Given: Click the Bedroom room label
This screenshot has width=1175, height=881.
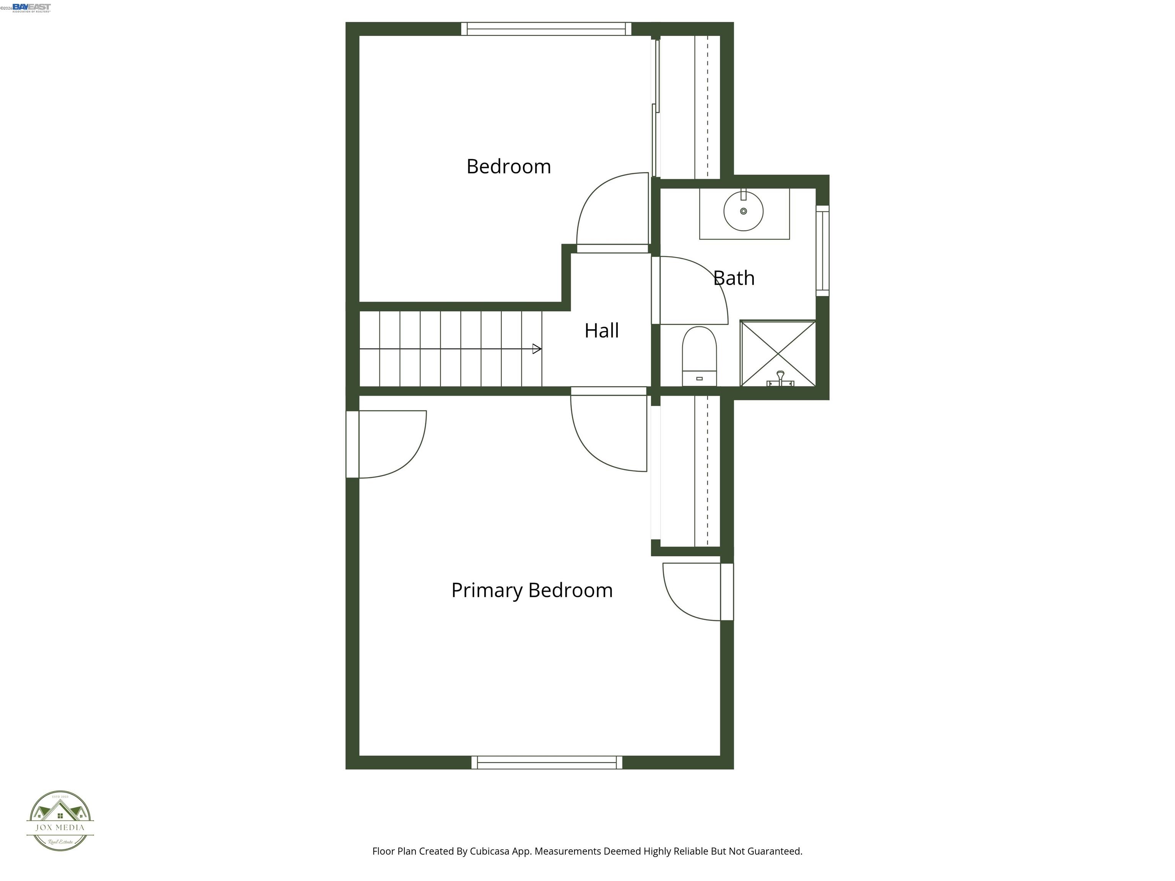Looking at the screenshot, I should tap(508, 167).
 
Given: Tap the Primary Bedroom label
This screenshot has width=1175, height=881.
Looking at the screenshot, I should tap(532, 590).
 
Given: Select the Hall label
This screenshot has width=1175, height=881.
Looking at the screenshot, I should tap(601, 331).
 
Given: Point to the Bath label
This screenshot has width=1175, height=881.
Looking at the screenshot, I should tap(734, 278).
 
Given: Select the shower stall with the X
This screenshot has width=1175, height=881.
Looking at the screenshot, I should tap(778, 353).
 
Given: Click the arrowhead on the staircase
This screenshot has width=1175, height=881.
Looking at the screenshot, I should tap(537, 349).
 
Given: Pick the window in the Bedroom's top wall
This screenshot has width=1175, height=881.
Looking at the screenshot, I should tap(546, 29).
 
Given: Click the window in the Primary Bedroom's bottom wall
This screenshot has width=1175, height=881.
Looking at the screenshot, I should tap(547, 762).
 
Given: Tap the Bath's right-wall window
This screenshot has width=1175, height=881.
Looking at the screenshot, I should tap(822, 251).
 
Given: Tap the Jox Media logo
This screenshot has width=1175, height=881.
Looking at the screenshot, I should tap(60, 821).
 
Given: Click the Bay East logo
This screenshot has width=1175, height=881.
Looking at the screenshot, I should tap(31, 7).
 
